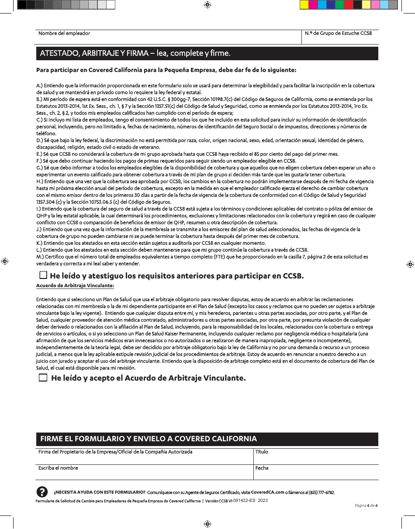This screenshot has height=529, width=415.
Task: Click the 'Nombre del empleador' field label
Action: (x=64, y=33)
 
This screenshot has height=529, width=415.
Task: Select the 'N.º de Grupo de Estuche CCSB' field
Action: (x=339, y=38)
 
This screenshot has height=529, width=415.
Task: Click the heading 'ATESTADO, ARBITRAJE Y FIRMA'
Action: (x=135, y=54)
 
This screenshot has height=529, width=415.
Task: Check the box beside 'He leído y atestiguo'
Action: (x=43, y=275)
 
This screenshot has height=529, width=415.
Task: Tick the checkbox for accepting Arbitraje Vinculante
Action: (x=43, y=378)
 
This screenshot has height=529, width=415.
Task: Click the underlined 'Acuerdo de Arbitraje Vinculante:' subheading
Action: (x=75, y=285)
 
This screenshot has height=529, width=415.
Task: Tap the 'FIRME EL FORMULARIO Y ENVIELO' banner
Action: (x=149, y=439)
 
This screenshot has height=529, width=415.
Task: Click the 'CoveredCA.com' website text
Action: (x=267, y=492)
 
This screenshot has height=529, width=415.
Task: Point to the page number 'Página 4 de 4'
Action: (x=366, y=505)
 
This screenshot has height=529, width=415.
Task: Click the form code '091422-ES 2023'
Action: (x=250, y=501)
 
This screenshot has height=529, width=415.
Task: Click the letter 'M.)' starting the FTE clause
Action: (x=39, y=257)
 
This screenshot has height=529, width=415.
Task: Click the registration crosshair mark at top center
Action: (x=207, y=5)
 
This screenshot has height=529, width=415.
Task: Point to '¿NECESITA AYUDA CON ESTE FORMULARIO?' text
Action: (x=99, y=492)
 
